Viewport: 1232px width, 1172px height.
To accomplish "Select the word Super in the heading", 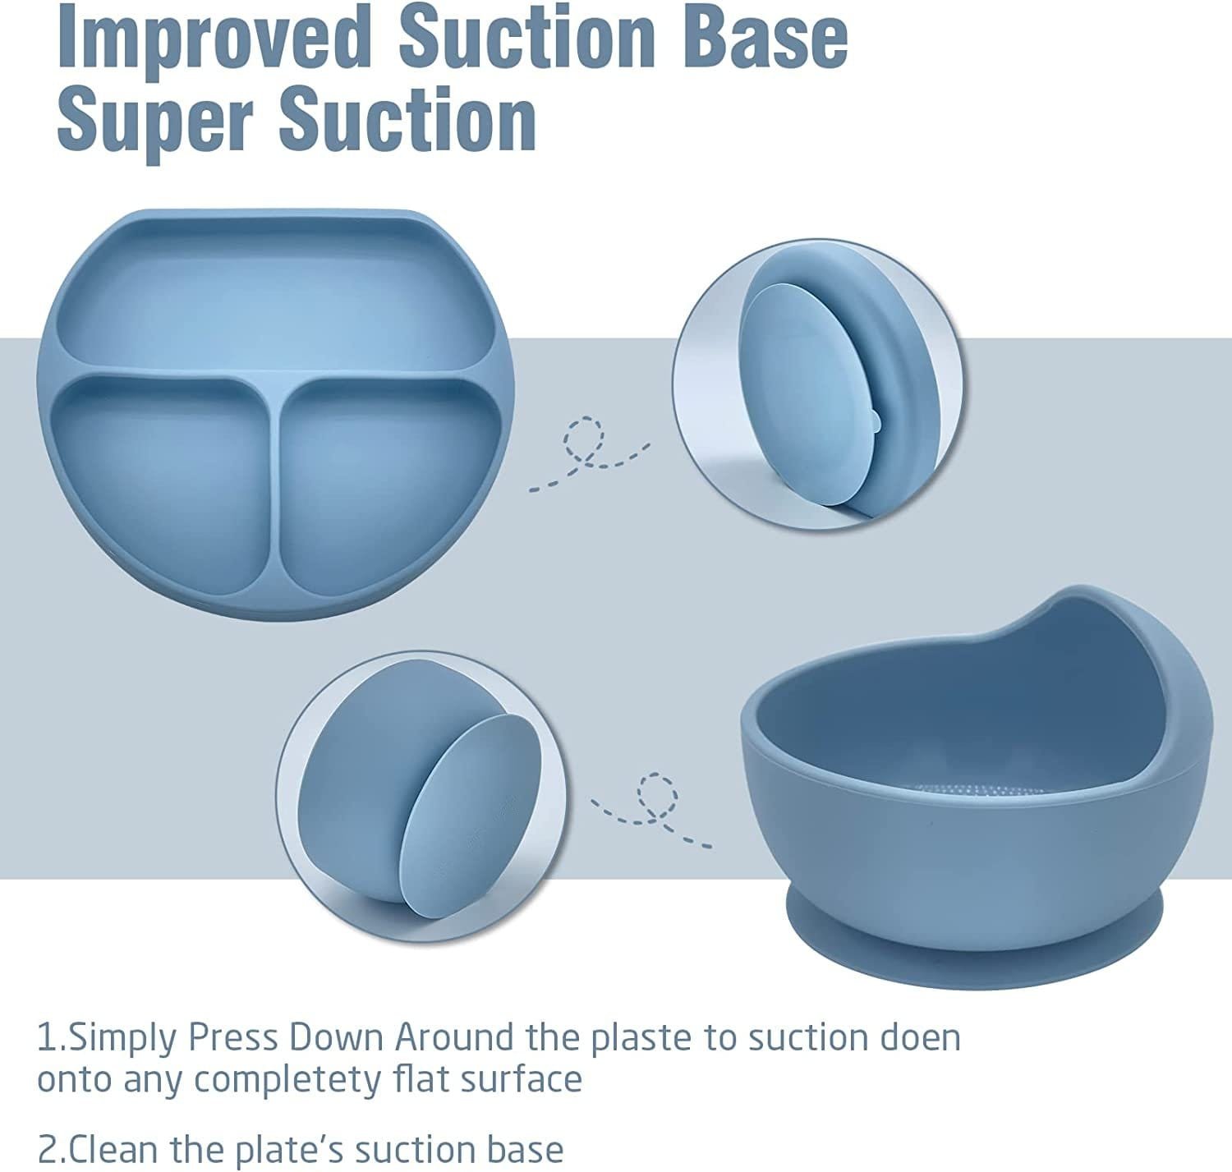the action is coord(154,119).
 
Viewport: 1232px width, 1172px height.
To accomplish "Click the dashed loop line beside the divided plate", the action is coord(589,453).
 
